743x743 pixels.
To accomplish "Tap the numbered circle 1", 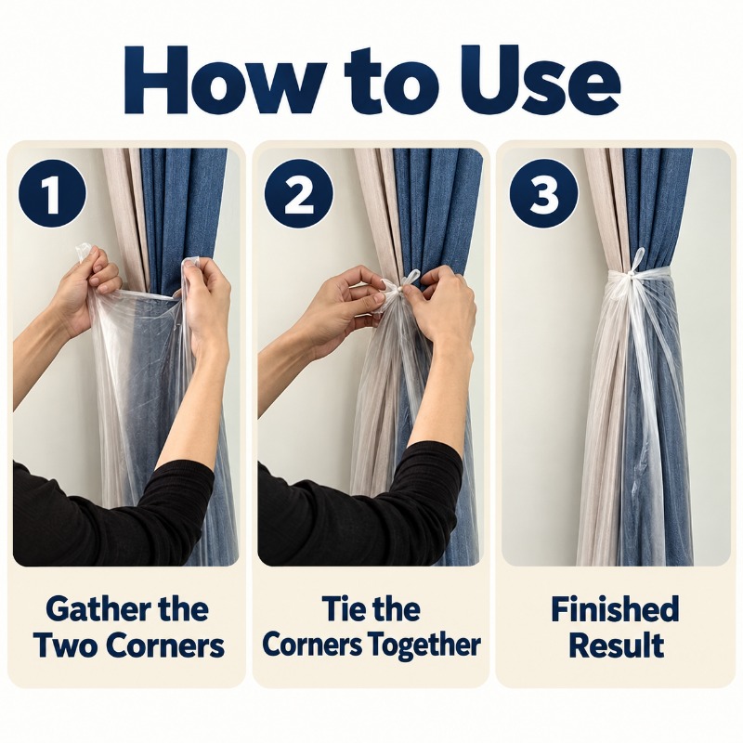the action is [x=52, y=194].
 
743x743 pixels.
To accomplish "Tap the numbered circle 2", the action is [x=298, y=194].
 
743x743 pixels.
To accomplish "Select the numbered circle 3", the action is [x=543, y=194].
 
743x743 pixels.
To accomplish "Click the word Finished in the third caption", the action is [x=615, y=609].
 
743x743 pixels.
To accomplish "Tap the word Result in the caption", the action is [x=616, y=645].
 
